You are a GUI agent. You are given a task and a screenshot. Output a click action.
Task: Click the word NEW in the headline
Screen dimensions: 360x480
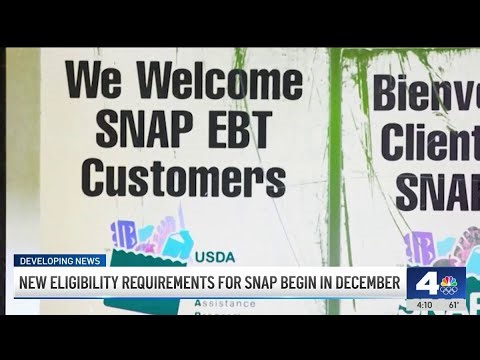37,283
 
